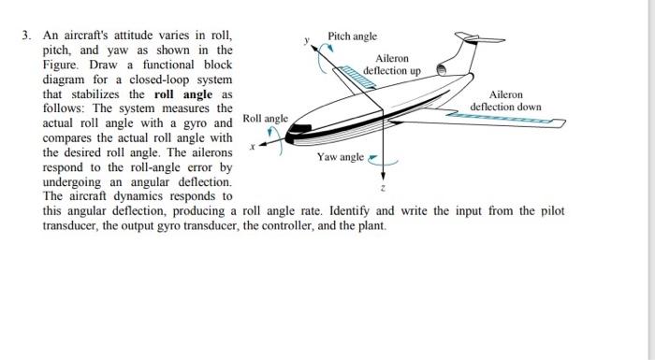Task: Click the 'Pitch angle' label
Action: click(352, 36)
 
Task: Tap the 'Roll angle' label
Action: click(265, 119)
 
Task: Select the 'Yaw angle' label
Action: click(341, 157)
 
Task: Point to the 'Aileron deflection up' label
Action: click(391, 65)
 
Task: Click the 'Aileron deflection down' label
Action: click(505, 101)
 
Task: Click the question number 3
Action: click(28, 36)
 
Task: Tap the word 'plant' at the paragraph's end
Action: click(371, 225)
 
